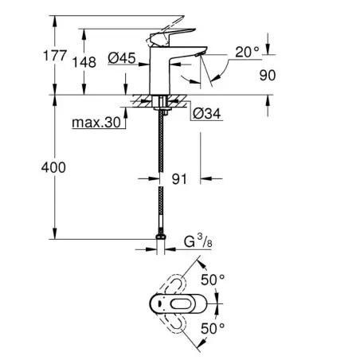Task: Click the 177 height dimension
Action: (55, 56)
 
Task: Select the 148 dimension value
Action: (84, 62)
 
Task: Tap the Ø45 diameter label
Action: (122, 58)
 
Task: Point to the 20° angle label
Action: (247, 52)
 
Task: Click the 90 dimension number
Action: (268, 75)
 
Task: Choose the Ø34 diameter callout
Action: (207, 114)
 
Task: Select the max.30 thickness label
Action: (96, 123)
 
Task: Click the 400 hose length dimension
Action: (53, 167)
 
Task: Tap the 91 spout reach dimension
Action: (179, 179)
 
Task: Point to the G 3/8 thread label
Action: (198, 241)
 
